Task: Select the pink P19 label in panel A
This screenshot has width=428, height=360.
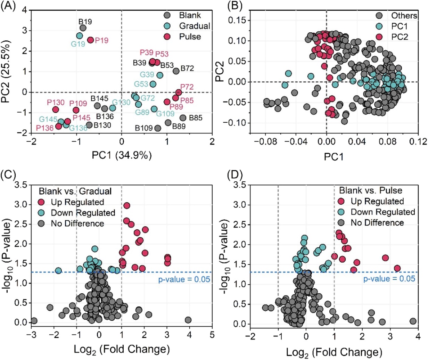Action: point(101,41)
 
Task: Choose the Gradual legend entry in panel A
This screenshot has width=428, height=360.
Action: point(195,26)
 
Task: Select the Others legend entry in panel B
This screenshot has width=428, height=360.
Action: point(404,16)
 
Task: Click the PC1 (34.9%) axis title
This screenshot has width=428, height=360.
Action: point(122,155)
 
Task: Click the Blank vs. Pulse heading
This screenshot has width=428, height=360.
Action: point(370,190)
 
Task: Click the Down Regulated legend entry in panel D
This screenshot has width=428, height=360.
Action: point(382,212)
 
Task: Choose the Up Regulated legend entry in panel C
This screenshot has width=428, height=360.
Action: point(77,202)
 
